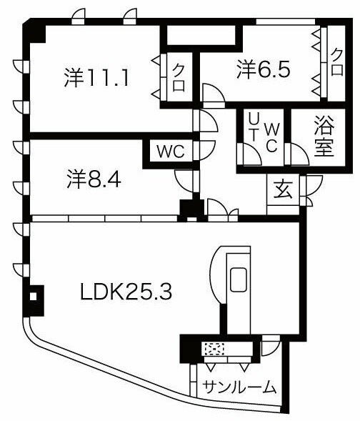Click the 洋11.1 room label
[x=96, y=76]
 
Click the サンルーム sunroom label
[x=239, y=387]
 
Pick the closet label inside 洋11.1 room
[x=179, y=77]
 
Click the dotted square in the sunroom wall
[x=213, y=349]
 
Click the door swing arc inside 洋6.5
[x=212, y=94]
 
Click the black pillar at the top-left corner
[x=33, y=31]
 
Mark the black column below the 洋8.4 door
[x=190, y=211]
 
